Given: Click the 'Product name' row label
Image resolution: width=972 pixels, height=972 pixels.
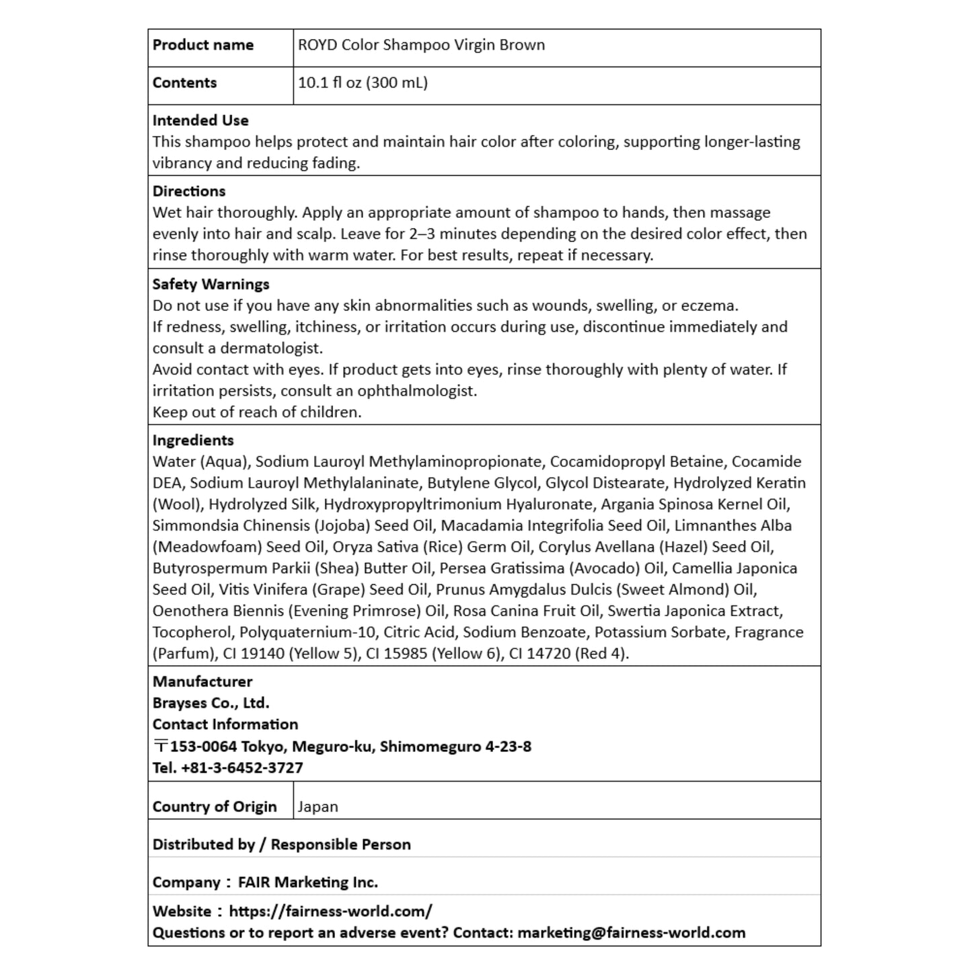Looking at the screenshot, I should pos(202,45).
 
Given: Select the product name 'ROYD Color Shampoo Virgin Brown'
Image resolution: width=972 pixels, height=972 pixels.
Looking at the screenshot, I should pos(421,45).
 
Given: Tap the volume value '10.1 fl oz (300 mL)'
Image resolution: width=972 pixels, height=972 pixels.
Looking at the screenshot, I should pos(363,83).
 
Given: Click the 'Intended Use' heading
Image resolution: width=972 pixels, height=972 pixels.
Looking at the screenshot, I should pos(200,120).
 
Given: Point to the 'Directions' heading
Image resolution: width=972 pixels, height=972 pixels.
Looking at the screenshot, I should pos(189,191).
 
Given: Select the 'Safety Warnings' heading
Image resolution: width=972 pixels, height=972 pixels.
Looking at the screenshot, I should pos(211,284).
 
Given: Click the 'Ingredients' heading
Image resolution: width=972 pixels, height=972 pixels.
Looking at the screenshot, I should pos(193,440).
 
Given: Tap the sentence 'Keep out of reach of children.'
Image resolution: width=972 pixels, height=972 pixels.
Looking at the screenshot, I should pos(257,412).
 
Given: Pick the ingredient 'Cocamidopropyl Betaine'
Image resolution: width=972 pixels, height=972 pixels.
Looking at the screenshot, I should pos(636,461).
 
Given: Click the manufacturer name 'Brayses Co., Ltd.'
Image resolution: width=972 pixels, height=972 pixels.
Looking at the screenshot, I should pos(211,703).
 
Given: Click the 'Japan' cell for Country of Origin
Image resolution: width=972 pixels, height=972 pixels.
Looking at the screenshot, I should pos(317,807).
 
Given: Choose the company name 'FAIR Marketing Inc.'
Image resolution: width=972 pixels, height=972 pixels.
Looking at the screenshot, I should pos(307,882).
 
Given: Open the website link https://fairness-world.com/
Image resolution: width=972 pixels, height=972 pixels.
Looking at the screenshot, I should pos(330,911).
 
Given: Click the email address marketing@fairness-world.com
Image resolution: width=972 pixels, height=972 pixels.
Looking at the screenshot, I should pos(631,933).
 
